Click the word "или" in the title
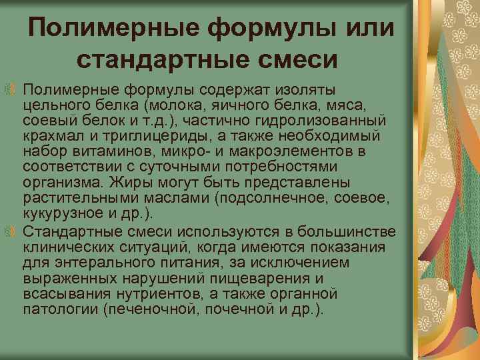coord(363,29)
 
